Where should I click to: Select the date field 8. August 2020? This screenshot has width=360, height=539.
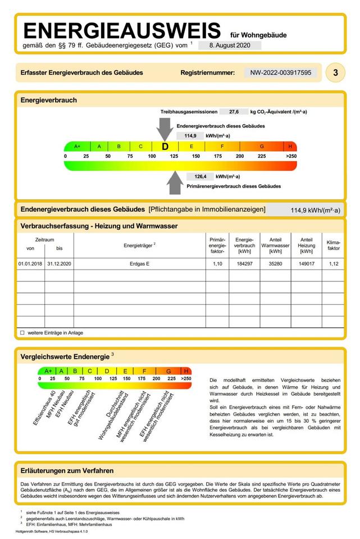(230, 45)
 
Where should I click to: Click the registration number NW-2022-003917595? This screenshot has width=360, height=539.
(281, 72)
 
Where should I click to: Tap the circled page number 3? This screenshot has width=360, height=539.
(335, 72)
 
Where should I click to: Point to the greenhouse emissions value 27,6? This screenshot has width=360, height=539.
(233, 112)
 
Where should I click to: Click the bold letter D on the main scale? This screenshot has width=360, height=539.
(165, 146)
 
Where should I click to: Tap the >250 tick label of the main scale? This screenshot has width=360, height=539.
(290, 156)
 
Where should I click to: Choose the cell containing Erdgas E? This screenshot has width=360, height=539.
(140, 263)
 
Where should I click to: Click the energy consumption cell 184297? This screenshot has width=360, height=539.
(244, 263)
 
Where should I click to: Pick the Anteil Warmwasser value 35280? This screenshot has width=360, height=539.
(275, 263)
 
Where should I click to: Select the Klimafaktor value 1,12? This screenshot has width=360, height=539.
(333, 263)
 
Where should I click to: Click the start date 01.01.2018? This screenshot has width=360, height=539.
(30, 263)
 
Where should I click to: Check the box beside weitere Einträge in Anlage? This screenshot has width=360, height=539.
(22, 332)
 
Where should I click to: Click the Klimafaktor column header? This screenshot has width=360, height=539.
(333, 244)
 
